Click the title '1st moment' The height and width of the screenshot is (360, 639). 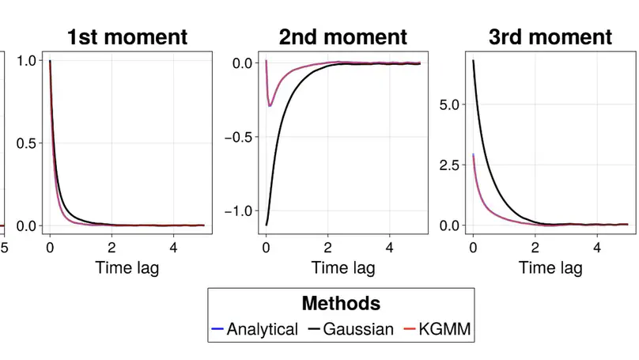coord(127,36)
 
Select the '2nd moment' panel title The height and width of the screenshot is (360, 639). coord(342,36)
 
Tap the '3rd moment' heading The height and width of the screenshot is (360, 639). coord(550,36)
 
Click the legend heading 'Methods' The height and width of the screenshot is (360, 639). coord(341,303)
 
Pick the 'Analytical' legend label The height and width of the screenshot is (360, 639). coord(263,329)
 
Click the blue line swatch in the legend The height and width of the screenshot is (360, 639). coord(218,329)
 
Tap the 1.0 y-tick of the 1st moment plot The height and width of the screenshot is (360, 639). coord(26,61)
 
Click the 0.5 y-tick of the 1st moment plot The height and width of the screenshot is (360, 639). coord(26,143)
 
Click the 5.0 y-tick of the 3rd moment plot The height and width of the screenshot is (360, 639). coord(450,104)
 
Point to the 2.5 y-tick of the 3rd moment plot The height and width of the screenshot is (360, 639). coord(450,165)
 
